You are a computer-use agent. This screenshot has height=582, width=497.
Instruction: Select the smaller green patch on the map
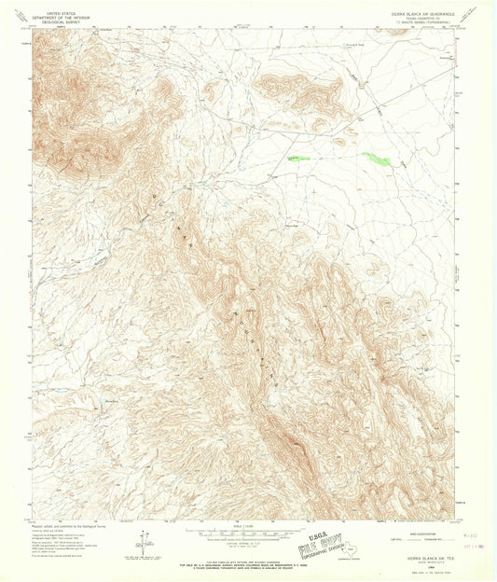(297, 158)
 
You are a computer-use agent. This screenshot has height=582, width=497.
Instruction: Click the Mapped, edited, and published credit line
(65, 524)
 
